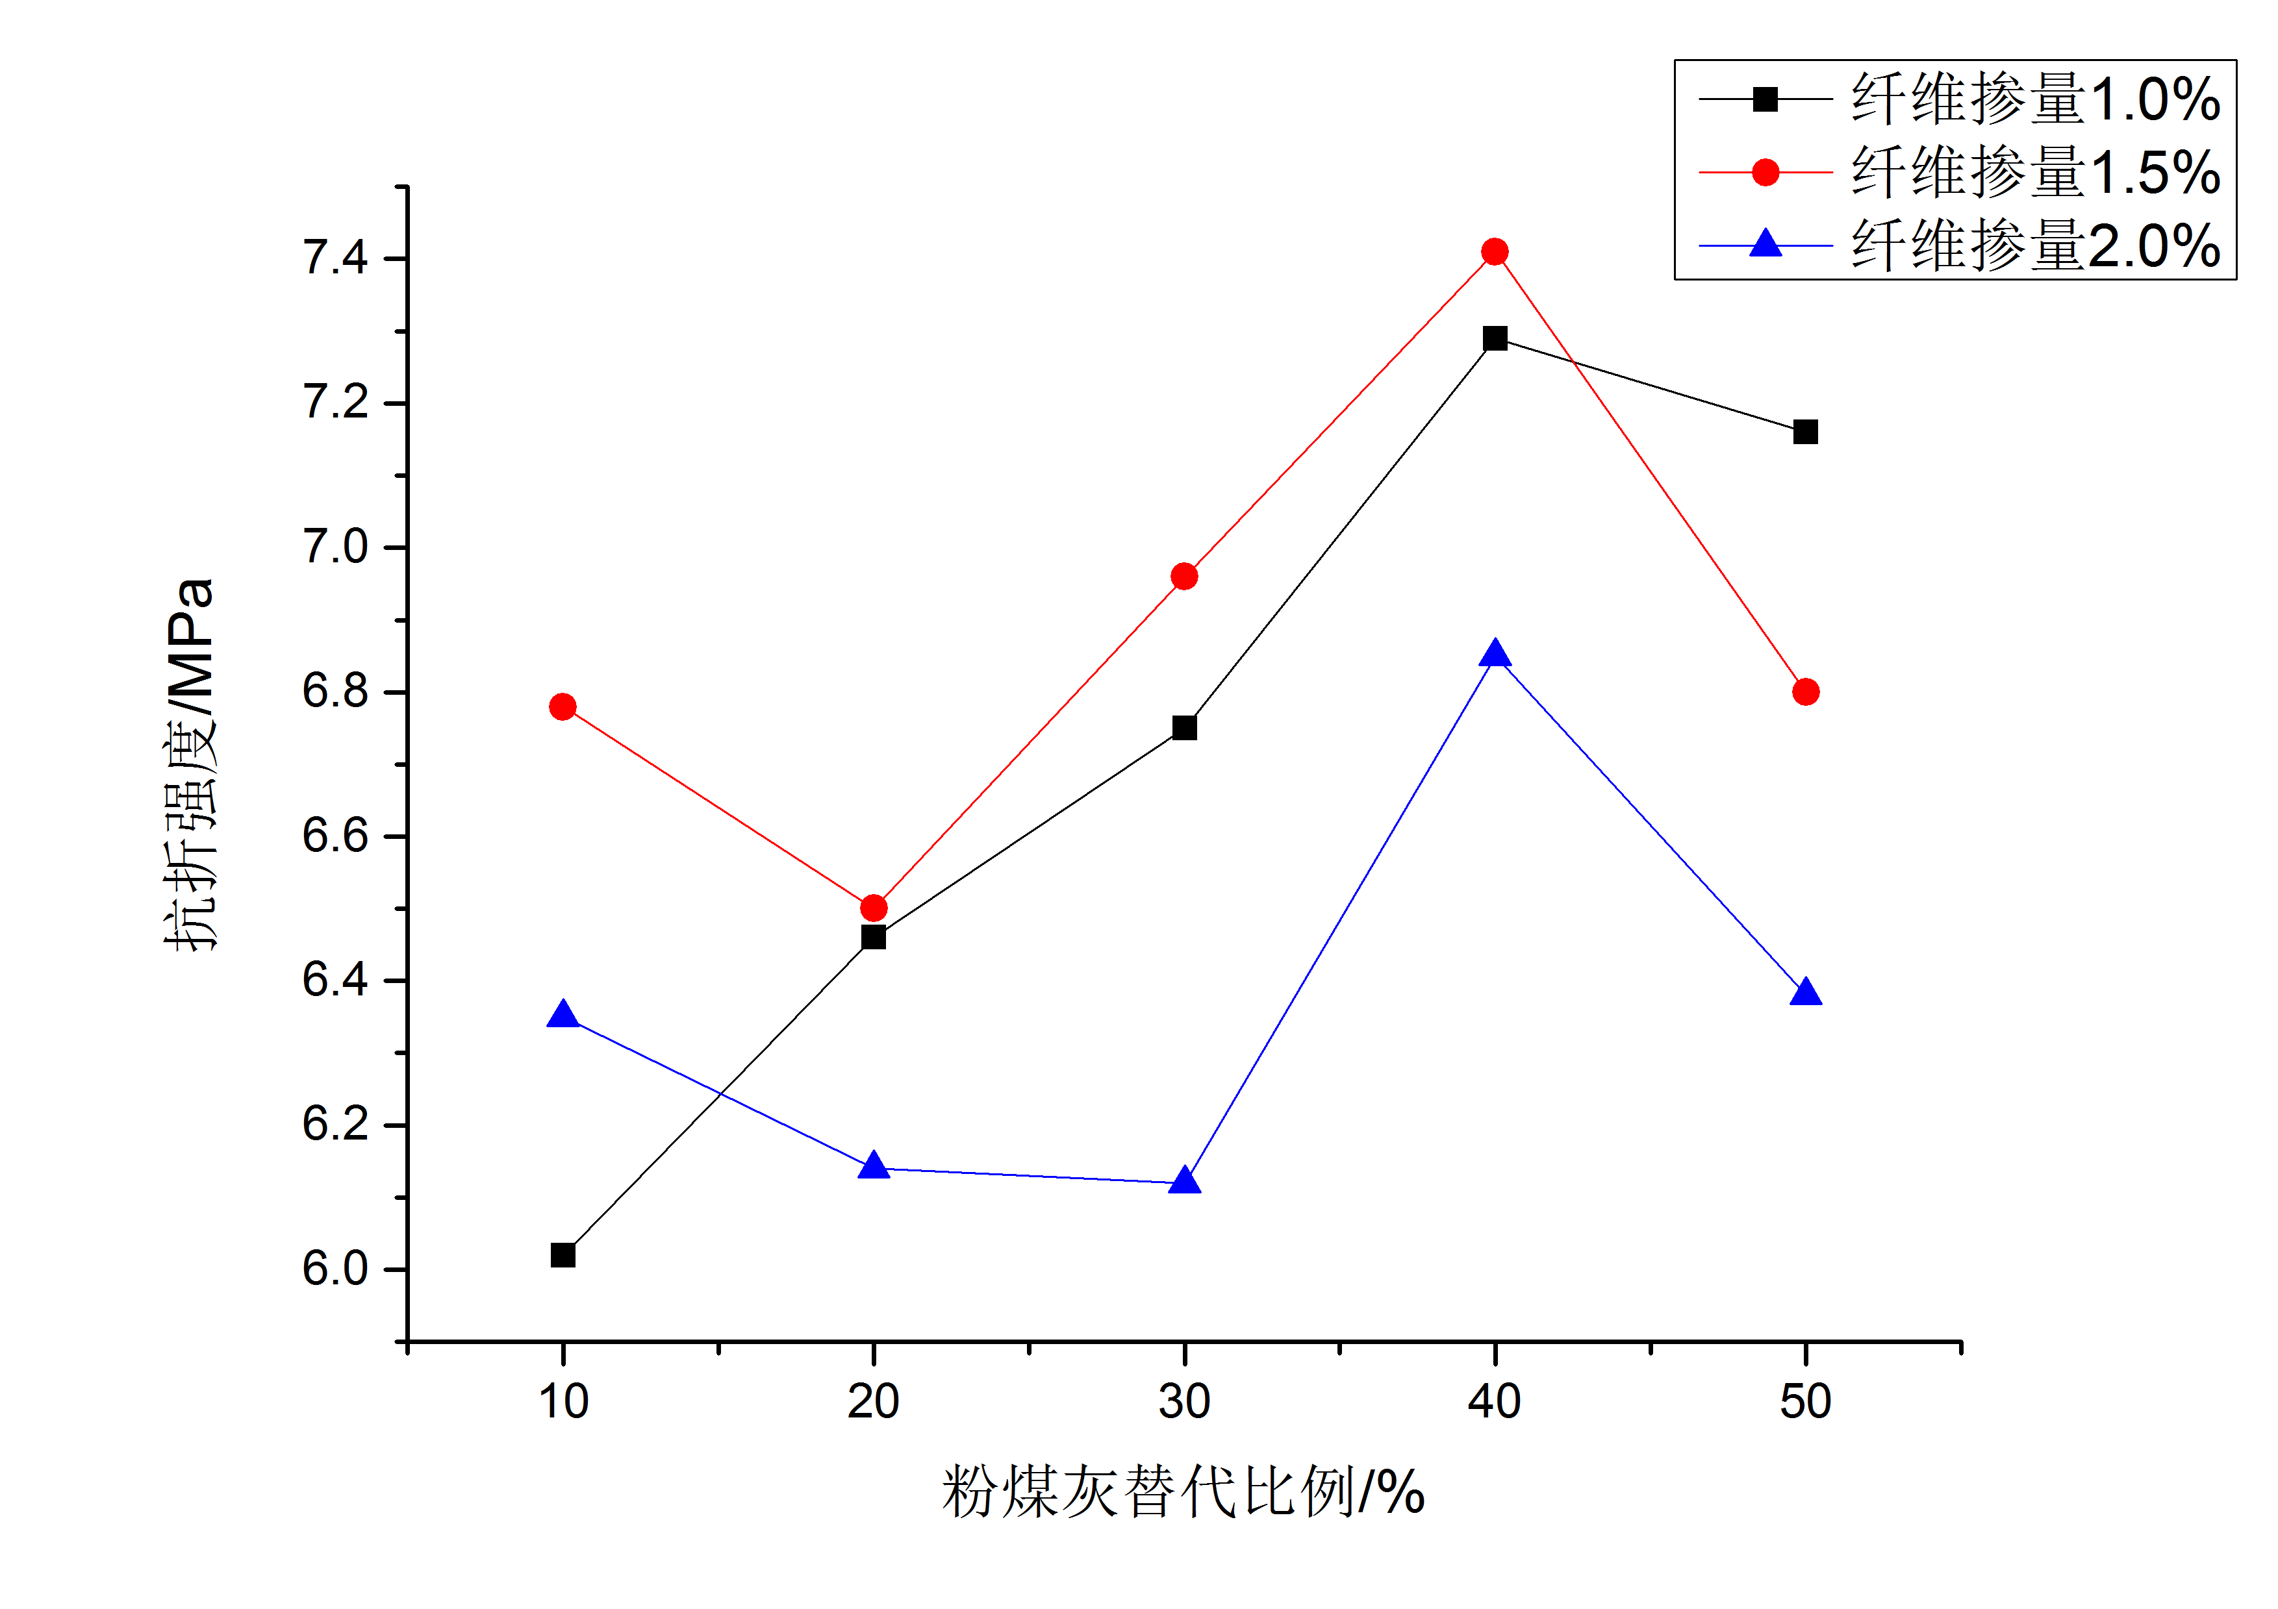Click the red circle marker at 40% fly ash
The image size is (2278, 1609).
[1494, 252]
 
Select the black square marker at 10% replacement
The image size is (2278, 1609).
[563, 1255]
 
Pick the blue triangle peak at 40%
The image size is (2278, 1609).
[1494, 655]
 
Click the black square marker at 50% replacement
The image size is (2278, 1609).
[1804, 432]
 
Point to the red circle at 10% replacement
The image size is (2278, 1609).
[563, 706]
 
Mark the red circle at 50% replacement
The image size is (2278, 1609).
[1804, 692]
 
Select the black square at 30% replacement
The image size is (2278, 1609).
[1183, 727]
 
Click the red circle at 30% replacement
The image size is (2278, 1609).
[1183, 577]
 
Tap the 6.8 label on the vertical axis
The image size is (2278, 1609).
[335, 692]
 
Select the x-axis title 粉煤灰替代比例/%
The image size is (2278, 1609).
[1183, 1491]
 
